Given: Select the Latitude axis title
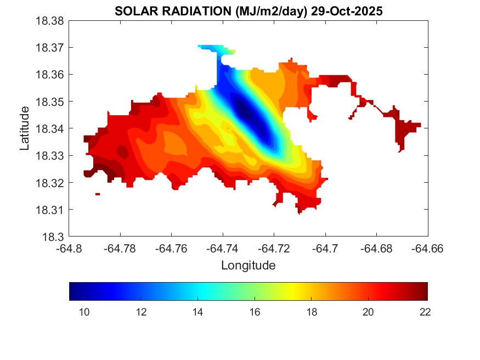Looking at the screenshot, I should [x=25, y=128].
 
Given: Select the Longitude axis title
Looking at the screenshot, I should [x=248, y=266].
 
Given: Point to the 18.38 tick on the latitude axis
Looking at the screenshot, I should [x=51, y=21].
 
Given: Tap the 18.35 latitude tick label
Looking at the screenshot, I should [x=51, y=102].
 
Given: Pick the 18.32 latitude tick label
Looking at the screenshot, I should [x=51, y=183].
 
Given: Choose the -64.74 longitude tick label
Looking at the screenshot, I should [x=223, y=249].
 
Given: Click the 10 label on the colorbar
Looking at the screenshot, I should [x=84, y=312].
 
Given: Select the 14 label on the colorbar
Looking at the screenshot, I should [x=197, y=312].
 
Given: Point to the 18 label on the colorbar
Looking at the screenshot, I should [x=311, y=312].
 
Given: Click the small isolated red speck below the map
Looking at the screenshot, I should [x=98, y=194].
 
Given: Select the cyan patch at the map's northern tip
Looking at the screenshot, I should [x=211, y=48].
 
